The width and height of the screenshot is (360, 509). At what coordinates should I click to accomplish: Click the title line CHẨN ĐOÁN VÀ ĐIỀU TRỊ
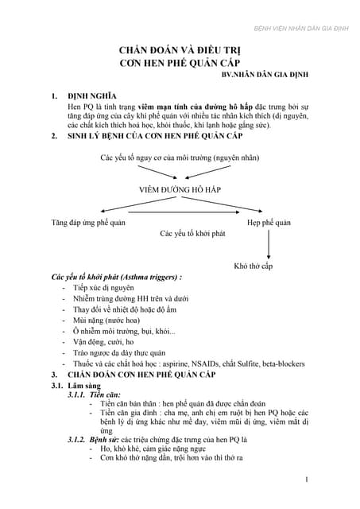179,49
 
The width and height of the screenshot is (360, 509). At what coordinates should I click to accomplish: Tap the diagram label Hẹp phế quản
269,223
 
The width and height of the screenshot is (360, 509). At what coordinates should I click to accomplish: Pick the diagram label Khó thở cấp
254,266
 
